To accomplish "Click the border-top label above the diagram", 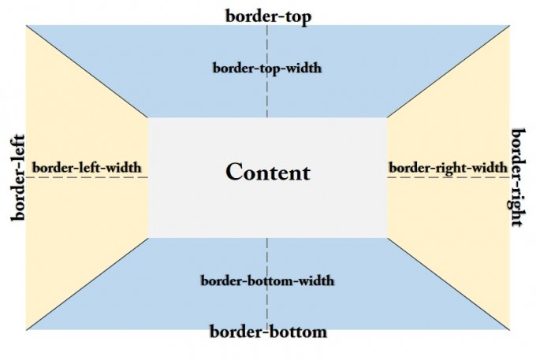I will click(x=267, y=16).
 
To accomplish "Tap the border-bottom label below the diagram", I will click(x=267, y=332).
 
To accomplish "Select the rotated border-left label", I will click(x=18, y=178).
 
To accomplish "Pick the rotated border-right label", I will click(x=517, y=177).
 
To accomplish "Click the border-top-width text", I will click(x=267, y=68).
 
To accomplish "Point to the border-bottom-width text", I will click(x=267, y=280).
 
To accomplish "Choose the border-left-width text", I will click(x=87, y=167).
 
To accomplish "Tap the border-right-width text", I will click(x=448, y=167).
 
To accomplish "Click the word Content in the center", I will click(x=268, y=173).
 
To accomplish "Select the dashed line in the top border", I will click(x=267, y=95).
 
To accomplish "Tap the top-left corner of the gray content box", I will click(x=148, y=118).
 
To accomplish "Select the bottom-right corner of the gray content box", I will click(x=387, y=236).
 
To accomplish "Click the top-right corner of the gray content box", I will click(x=387, y=118).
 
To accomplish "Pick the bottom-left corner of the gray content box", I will click(x=148, y=236).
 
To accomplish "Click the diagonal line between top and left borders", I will click(x=87, y=72).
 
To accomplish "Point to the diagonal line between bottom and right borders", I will click(x=449, y=283).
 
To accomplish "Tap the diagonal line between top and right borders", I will click(x=449, y=72).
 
